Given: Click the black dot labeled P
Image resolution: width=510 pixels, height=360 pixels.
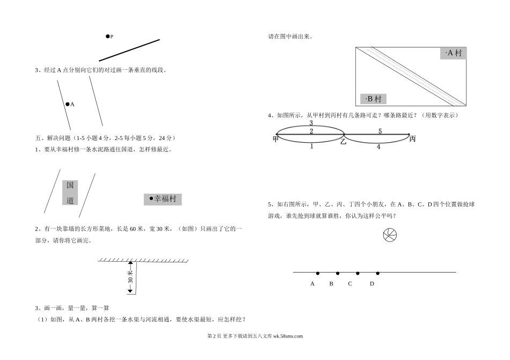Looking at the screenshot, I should pos(107,36).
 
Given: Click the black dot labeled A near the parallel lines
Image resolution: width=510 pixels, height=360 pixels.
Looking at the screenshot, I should pos(67,104).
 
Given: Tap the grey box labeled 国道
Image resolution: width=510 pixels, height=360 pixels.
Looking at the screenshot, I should pos(70,193).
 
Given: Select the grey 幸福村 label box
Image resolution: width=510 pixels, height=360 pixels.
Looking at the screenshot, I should pos(163,199).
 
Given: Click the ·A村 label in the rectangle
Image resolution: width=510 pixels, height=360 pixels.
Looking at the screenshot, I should pos(453,53).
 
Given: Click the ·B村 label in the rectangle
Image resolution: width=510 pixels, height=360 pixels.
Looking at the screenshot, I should pos(373,99).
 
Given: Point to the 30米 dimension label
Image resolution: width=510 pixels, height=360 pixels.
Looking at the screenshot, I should pos(130,276).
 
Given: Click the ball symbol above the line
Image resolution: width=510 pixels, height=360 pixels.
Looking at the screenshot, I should pos(390,235).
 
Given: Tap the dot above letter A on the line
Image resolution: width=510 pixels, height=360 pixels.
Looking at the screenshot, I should pos(317,273).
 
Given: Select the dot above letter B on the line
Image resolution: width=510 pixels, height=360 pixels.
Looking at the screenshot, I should pos(337,273).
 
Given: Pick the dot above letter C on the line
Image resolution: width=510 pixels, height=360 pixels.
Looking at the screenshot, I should pos(358,273).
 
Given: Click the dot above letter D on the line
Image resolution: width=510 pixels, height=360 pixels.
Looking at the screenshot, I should pos(377,273).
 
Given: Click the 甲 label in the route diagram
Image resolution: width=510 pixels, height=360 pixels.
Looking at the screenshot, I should pos(275,139).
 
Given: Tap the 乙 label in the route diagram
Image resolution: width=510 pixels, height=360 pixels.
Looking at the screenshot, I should pos(343,141).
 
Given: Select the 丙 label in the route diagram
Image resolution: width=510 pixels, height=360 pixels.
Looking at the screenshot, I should pos(412,139).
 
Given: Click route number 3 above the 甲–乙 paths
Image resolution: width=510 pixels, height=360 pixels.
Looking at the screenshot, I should pos(311,123).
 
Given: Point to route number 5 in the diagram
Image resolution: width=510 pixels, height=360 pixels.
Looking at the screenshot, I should pos(380,131).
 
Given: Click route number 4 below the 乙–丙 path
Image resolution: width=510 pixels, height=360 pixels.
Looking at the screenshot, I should pos(378,146).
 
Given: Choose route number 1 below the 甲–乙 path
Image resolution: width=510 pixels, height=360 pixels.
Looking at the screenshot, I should pos(311,146).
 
